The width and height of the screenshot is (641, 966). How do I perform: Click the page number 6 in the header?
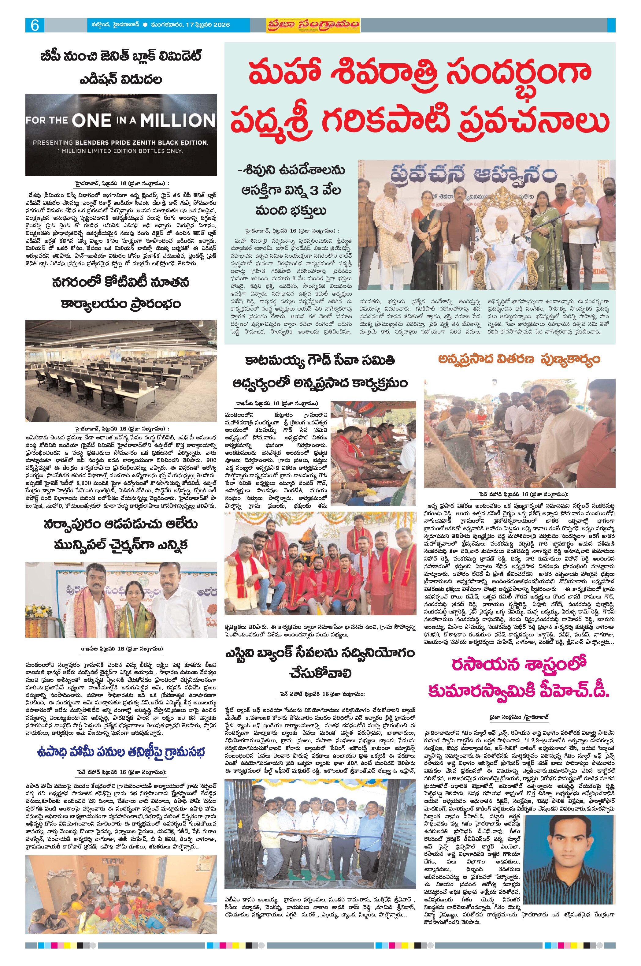[x=34, y=25]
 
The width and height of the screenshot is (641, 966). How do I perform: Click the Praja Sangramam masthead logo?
[x=313, y=25]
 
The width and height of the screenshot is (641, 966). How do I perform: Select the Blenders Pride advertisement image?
[x=121, y=135]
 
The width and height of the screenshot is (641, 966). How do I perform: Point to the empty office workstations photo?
[x=121, y=371]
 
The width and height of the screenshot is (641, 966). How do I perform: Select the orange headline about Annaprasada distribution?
[x=519, y=360]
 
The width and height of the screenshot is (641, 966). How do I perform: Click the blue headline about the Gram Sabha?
[x=121, y=752]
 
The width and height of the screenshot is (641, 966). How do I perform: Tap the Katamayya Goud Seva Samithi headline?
[x=320, y=371]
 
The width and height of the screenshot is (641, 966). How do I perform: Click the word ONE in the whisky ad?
[x=91, y=120]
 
